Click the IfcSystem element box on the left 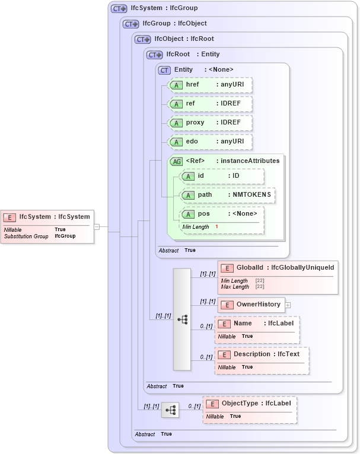pos(46,217)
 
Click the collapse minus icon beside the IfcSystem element pos(96,226)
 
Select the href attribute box pos(211,85)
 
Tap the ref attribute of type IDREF pos(211,104)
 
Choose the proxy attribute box pos(211,123)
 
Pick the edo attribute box pos(211,142)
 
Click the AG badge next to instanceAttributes pos(176,161)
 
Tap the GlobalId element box pos(278,268)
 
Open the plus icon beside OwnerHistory pos(288,305)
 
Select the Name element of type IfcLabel pos(257,324)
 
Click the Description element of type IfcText pos(262,354)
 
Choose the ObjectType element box pos(250,404)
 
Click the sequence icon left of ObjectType pos(170,410)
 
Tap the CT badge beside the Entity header pos(164,70)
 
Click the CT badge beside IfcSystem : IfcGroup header pos(119,9)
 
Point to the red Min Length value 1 pos(216,227)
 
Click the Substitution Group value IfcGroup pos(65,236)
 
